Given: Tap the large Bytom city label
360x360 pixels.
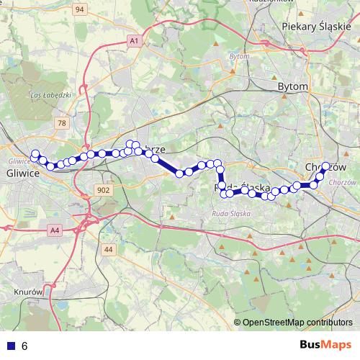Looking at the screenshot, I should coord(292,86).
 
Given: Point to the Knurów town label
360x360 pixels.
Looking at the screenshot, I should coord(30,292).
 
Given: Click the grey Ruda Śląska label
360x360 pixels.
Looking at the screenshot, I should coord(230,214).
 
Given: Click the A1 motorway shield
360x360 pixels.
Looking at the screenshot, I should coord(134,41).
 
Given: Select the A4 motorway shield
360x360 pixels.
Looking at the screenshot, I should coord(55,230).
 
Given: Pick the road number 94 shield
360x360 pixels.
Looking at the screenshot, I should coord(79,9).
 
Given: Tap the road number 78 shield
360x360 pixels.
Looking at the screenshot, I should coord(62,123).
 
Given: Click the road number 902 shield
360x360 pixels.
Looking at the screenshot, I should coord(102,190).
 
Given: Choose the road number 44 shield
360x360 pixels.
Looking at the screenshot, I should coord(109,249).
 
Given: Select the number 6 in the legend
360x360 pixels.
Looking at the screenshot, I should coord(24,346).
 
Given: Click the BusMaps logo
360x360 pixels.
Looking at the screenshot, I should coord(325,345).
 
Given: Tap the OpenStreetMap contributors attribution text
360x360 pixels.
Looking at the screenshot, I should coord(297,322).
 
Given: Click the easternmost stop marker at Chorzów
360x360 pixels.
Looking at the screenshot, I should coord(325,166).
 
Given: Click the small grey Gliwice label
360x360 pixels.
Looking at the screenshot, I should coord(18,161).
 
